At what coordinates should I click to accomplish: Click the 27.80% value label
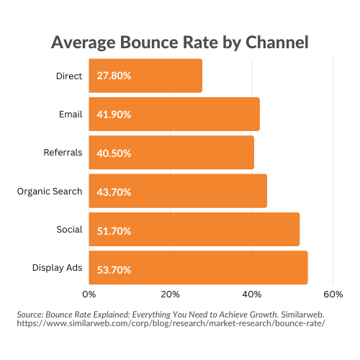click(109, 76)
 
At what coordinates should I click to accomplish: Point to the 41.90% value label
click(109, 114)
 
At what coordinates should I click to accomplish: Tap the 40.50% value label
click(109, 153)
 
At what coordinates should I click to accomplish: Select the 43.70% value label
click(109, 191)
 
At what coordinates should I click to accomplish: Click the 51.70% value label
click(109, 230)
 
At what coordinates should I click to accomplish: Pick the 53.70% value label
click(109, 269)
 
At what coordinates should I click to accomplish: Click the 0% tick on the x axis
click(89, 294)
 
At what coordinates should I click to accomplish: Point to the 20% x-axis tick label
click(170, 294)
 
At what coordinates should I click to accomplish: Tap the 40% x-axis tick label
click(251, 294)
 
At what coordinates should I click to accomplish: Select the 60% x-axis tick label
click(333, 294)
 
